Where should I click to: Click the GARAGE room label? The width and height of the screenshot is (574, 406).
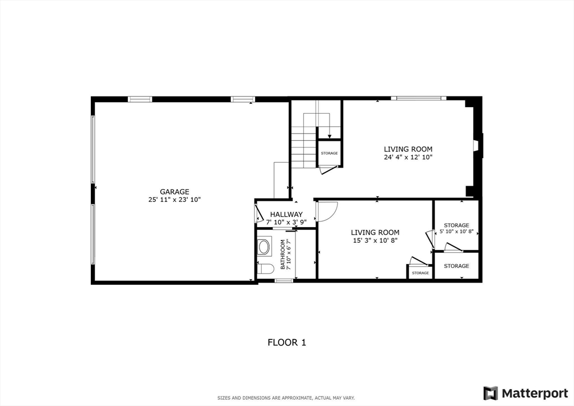pyautogui.click(x=174, y=191)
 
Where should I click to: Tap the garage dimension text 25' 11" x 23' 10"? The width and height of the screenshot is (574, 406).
pyautogui.click(x=174, y=200)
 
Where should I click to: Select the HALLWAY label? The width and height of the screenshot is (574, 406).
pyautogui.click(x=286, y=214)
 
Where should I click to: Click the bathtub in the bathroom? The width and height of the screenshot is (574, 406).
pyautogui.click(x=263, y=247)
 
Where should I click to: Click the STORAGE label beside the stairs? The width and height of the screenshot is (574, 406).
pyautogui.click(x=329, y=153)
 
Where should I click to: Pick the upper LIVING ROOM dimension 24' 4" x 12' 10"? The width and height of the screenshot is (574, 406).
pyautogui.click(x=408, y=158)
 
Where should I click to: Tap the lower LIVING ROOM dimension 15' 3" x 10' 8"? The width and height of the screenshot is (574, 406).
pyautogui.click(x=375, y=241)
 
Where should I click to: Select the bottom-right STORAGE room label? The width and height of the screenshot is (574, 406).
pyautogui.click(x=456, y=266)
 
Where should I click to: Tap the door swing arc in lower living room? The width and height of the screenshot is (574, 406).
pyautogui.click(x=327, y=211)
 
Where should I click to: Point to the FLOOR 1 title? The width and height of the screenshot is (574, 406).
pyautogui.click(x=286, y=342)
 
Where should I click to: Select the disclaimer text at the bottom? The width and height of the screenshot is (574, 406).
pyautogui.click(x=286, y=398)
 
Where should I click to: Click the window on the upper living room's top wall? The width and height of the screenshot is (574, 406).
pyautogui.click(x=418, y=98)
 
